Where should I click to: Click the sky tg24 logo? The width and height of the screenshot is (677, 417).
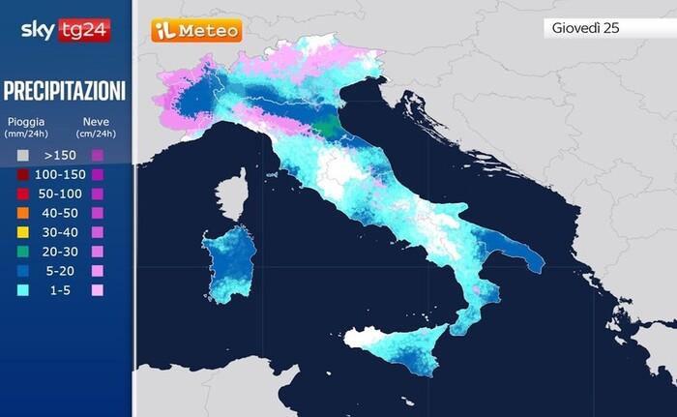[65, 30]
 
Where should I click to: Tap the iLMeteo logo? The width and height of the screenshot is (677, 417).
[196, 31]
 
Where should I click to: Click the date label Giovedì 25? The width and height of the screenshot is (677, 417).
[585, 28]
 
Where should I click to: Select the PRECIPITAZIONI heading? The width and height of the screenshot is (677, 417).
[65, 92]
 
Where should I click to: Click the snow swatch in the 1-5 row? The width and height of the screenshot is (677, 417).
[97, 290]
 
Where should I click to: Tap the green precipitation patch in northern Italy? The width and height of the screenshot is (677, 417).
[330, 125]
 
